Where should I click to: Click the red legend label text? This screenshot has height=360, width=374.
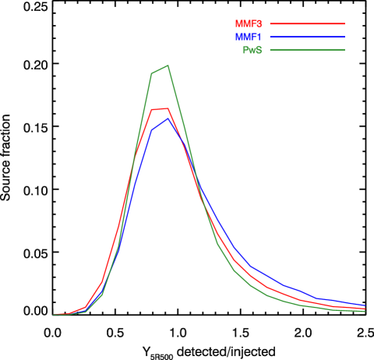click(x=248, y=24)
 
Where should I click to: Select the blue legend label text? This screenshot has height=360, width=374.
click(x=248, y=37)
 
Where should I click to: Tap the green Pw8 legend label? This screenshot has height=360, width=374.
click(x=252, y=50)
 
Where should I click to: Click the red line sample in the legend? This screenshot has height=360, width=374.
click(x=307, y=24)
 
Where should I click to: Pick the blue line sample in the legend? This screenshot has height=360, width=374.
click(x=307, y=37)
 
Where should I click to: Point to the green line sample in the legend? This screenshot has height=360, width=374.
click(x=307, y=50)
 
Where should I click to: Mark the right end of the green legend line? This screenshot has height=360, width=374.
click(x=344, y=50)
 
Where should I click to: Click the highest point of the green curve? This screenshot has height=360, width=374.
click(x=168, y=65)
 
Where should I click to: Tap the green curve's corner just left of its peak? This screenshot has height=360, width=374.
click(x=152, y=74)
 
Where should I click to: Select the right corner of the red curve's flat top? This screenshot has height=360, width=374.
click(x=168, y=108)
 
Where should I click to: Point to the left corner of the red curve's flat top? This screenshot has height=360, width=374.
click(x=152, y=110)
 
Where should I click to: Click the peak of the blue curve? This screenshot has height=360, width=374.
click(x=168, y=118)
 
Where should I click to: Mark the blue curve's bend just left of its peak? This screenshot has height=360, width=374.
click(x=152, y=130)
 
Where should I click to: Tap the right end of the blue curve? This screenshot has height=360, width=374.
click(x=365, y=305)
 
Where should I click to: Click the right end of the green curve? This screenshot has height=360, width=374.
click(x=365, y=311)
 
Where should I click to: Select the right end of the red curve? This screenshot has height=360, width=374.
click(x=365, y=309)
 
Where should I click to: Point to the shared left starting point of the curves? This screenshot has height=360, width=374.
click(x=54, y=315)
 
